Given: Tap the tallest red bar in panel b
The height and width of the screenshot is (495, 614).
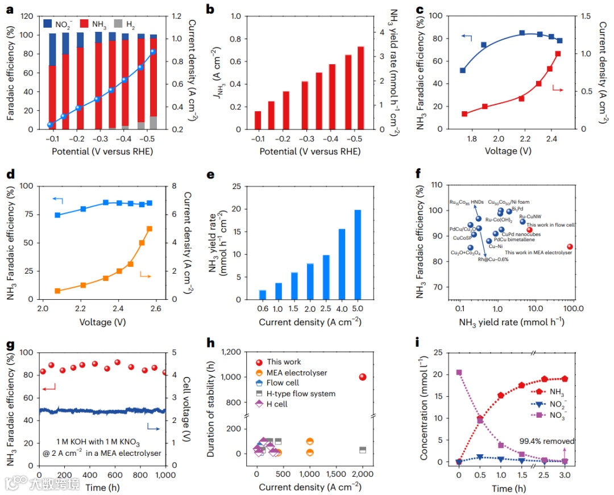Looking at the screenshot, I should [x=360, y=87].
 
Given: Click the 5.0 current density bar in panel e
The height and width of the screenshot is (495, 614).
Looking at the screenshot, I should [x=358, y=254].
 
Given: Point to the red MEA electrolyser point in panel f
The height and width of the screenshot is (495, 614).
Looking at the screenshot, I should [x=570, y=247].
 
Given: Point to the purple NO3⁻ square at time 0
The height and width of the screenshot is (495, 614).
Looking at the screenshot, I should [x=459, y=372].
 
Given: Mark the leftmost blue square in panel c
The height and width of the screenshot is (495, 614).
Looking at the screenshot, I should [x=463, y=70].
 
